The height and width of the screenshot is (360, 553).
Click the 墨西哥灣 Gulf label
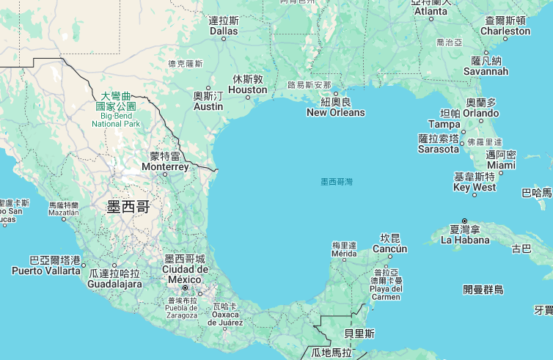(x=337, y=181)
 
